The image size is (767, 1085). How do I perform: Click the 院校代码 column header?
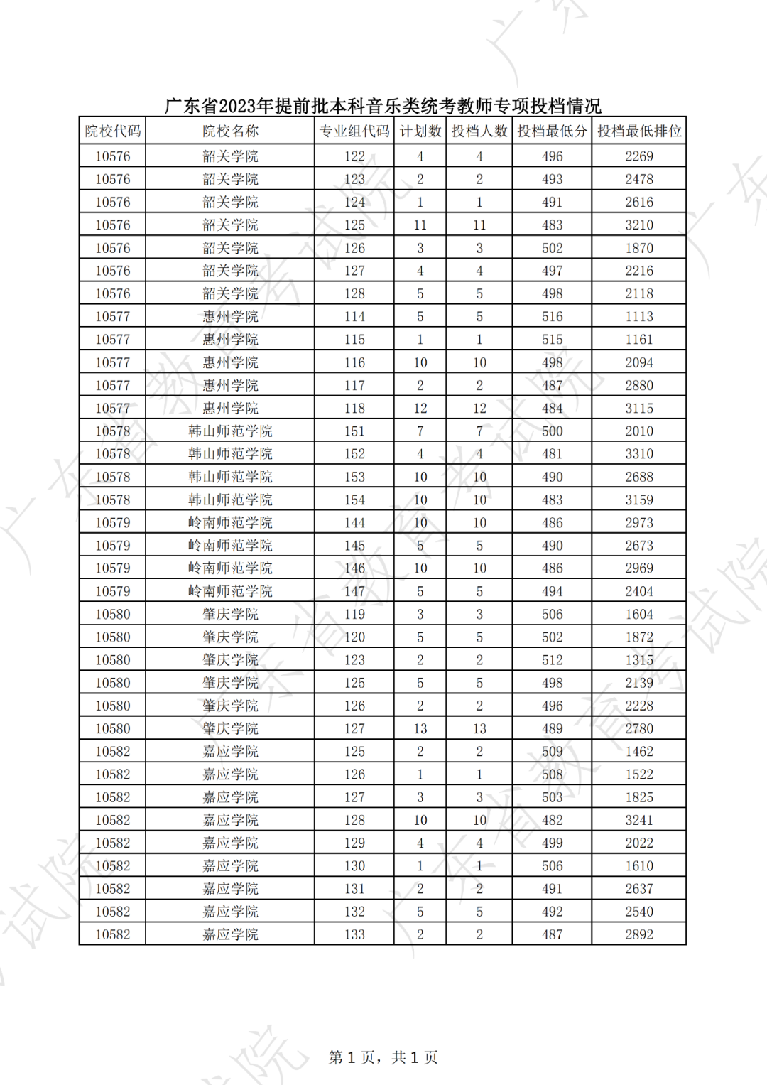click(x=113, y=131)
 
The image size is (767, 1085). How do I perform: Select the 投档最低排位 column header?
click(x=638, y=131)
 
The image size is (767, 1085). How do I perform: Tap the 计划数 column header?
click(x=420, y=131)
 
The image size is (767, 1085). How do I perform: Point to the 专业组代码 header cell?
click(x=354, y=131)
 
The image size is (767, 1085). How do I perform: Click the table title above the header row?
click(x=383, y=107)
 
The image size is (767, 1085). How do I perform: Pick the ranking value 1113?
click(x=638, y=317)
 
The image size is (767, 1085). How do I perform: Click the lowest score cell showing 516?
click(x=552, y=317)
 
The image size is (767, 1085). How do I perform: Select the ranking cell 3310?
click(x=638, y=454)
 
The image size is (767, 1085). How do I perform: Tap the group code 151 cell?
click(x=354, y=431)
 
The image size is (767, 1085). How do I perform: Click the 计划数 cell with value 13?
click(x=420, y=729)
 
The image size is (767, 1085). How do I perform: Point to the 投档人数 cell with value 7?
click(x=479, y=431)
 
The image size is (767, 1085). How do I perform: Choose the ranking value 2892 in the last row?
click(x=638, y=935)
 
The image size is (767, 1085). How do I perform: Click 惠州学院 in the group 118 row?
click(x=230, y=409)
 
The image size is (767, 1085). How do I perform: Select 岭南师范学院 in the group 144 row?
click(x=230, y=523)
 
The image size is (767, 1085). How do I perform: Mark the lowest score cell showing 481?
click(x=552, y=454)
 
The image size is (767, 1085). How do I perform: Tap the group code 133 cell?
click(x=354, y=935)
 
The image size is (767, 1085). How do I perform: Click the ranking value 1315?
click(x=638, y=660)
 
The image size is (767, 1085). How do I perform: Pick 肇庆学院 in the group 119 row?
click(x=230, y=615)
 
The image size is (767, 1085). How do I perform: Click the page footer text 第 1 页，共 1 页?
click(x=383, y=1057)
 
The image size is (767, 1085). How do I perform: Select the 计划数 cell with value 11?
click(x=420, y=225)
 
